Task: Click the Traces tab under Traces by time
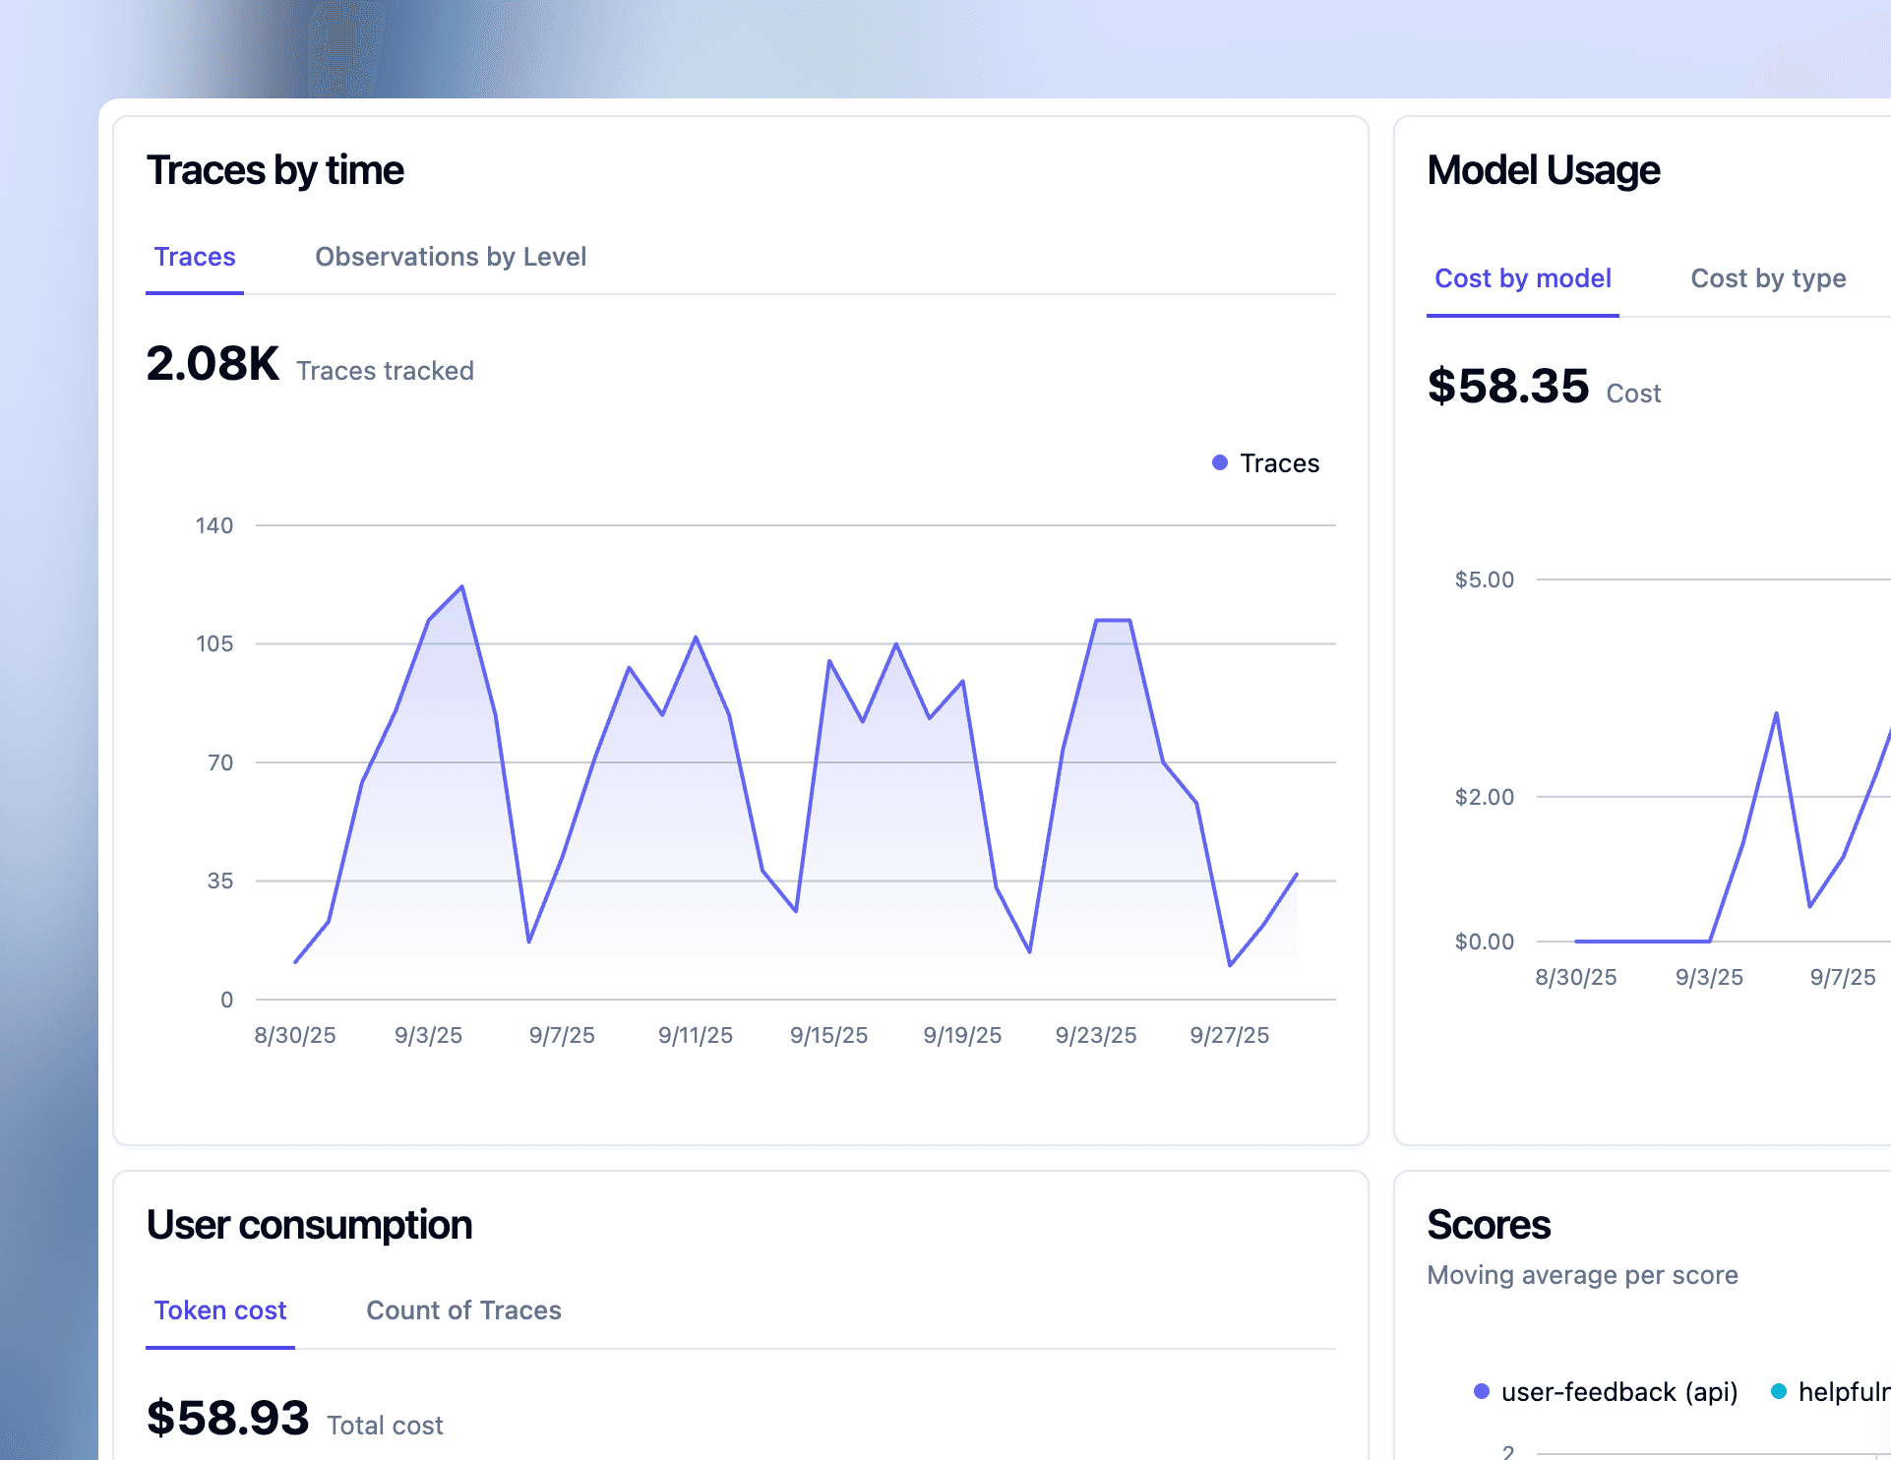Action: tap(195, 257)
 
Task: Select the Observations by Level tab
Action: tap(451, 257)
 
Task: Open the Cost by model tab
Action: tap(1522, 278)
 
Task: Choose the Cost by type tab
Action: tap(1768, 278)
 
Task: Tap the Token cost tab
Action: tap(219, 1310)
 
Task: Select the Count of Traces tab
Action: tap(463, 1310)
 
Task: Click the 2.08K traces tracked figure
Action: tap(213, 364)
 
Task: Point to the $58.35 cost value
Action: tap(1507, 386)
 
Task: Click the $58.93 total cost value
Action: tap(227, 1418)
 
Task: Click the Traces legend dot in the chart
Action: tap(1220, 462)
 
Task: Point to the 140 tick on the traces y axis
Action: tap(214, 525)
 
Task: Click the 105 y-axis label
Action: tap(214, 643)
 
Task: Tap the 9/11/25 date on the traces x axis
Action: tap(696, 1035)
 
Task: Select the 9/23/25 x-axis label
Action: tap(1096, 1035)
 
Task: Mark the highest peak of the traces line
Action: tap(462, 587)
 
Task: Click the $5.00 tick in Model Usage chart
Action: tap(1485, 579)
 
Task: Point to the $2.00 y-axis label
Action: tap(1485, 797)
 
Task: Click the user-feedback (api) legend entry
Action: tap(1607, 1392)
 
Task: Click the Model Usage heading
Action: tap(1544, 170)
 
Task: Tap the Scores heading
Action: tap(1489, 1225)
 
